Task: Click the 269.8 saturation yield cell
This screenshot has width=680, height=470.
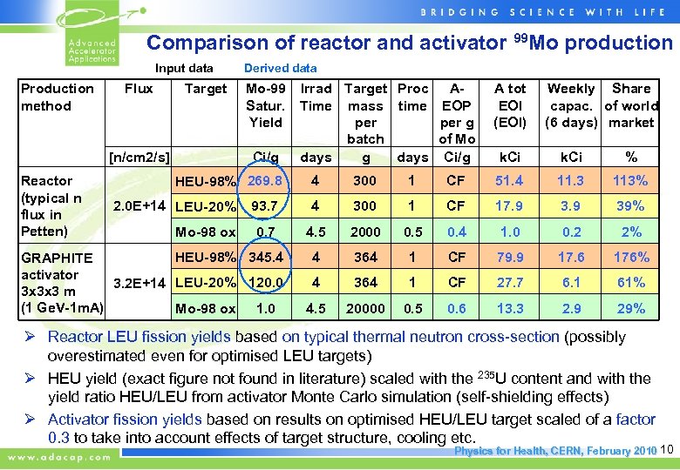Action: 265,181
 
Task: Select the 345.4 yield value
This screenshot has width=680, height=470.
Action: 265,258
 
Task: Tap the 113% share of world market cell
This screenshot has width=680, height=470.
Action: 630,181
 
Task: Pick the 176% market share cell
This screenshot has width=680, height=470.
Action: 630,258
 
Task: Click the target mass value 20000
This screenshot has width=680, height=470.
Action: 365,309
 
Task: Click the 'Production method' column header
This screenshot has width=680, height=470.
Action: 58,97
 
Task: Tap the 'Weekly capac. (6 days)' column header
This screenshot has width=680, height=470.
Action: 570,105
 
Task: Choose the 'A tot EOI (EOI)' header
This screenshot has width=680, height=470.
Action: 510,105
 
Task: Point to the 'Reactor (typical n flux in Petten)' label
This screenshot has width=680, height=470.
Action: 51,206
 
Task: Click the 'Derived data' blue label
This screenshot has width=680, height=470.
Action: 280,68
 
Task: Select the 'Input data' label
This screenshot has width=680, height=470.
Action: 184,68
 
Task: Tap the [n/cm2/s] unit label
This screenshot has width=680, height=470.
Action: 138,158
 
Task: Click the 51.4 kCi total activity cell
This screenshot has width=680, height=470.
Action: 510,181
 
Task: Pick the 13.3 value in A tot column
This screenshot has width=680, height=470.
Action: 510,309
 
